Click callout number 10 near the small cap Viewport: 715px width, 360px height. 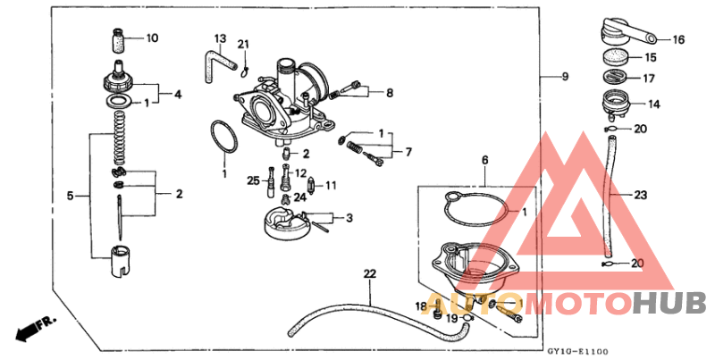(x=151, y=38)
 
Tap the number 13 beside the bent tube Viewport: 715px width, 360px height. (x=220, y=38)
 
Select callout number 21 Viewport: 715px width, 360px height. (x=243, y=45)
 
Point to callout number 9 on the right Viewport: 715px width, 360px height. (x=564, y=76)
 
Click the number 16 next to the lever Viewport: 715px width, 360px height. (x=677, y=39)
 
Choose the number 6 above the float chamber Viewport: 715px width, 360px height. (x=485, y=161)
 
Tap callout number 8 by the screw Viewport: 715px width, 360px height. (x=389, y=92)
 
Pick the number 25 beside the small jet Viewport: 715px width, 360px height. (x=254, y=181)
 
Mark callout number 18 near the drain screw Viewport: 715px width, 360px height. (x=421, y=306)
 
